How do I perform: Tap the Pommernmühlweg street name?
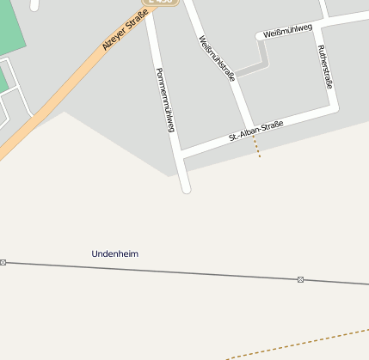coord(165,100)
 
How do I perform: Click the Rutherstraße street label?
coord(326,67)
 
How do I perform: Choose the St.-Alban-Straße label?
coord(256,131)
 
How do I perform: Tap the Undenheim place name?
coord(114,254)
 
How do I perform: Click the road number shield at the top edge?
coord(161,3)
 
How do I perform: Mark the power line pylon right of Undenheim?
coord(300,279)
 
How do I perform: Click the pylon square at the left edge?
coord(3,262)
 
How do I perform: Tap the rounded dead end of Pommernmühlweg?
coord(185,187)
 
